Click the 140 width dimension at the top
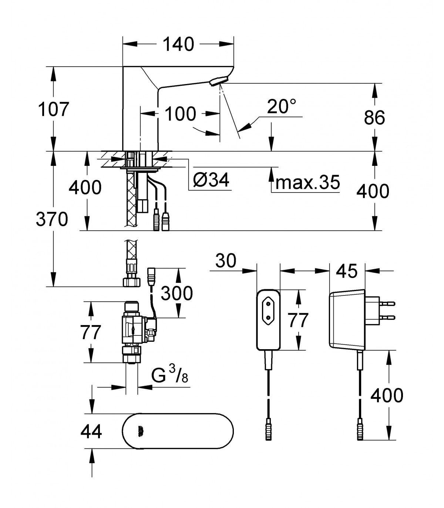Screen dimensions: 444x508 click(178, 44)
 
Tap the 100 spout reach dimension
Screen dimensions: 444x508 click(180, 114)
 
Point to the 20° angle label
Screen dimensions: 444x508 click(282, 106)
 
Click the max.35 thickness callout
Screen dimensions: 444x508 click(307, 182)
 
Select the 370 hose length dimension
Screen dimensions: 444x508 click(52, 219)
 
